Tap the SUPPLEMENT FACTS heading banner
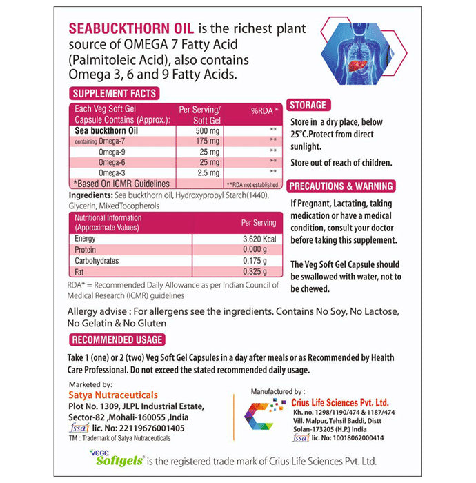pyautogui.click(x=115, y=94)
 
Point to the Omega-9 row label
pyautogui.click(x=113, y=150)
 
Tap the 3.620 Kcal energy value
pyautogui.click(x=258, y=238)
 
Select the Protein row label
pyautogui.click(x=86, y=249)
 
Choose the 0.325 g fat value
pyautogui.click(x=263, y=273)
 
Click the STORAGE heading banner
pyautogui.click(x=308, y=105)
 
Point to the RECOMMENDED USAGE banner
pyautogui.click(x=117, y=339)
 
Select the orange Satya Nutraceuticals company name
pyautogui.click(x=113, y=395)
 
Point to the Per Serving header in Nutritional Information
pyautogui.click(x=258, y=222)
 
